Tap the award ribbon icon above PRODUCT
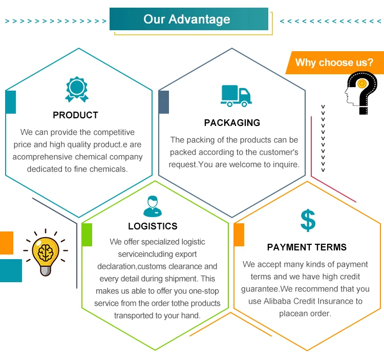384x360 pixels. (x=76, y=89)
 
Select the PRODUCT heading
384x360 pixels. (x=75, y=115)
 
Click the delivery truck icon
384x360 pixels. (x=236, y=96)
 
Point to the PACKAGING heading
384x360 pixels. (x=232, y=123)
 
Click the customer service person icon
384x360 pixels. (x=152, y=206)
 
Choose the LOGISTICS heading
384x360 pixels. (x=153, y=226)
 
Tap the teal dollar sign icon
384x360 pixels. (x=308, y=220)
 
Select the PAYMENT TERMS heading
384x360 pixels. (x=307, y=247)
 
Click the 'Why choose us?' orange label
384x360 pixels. (x=334, y=62)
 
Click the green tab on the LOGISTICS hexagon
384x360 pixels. (x=87, y=235)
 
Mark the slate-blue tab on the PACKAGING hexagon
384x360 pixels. (x=164, y=102)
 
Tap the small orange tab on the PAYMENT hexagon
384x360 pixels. (x=239, y=235)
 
